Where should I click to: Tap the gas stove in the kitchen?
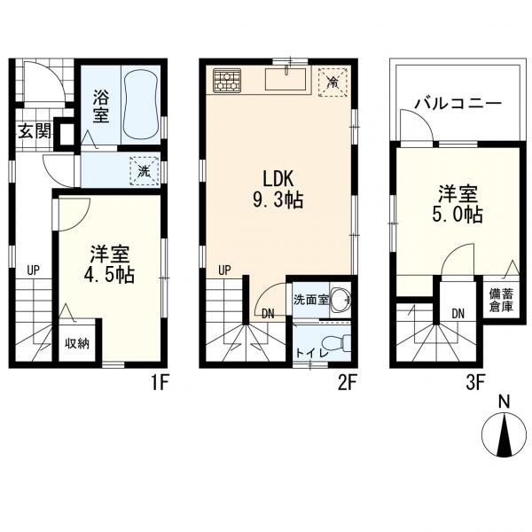tap(227, 80)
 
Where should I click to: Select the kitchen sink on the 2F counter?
tap(286, 79)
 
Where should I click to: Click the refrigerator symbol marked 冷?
tap(333, 82)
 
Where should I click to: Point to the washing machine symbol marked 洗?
tap(145, 171)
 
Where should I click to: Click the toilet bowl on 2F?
tap(337, 344)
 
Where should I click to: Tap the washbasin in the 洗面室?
tap(340, 300)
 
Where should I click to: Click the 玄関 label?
tap(35, 130)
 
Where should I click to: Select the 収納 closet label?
tap(77, 344)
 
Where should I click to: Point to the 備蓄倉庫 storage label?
tap(501, 300)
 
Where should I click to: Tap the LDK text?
tap(278, 179)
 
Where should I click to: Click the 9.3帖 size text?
tap(278, 200)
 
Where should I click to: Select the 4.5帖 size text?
tap(109, 275)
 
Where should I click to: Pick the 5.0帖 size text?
tap(458, 214)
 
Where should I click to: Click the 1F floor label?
tap(160, 383)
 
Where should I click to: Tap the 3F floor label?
tap(474, 383)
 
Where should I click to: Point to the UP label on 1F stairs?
tap(34, 270)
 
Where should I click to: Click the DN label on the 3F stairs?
tap(458, 314)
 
